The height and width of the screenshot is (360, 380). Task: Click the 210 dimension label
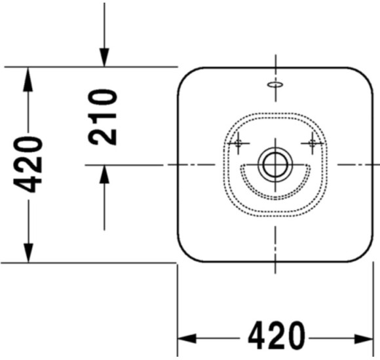[x=103, y=117]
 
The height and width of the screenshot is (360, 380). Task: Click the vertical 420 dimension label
[x=28, y=164]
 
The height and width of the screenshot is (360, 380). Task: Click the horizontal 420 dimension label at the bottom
[x=276, y=336]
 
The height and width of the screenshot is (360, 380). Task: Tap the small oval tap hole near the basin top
[x=275, y=84]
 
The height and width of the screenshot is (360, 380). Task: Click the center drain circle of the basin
[x=275, y=165]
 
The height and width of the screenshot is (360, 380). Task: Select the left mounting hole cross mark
[x=238, y=143]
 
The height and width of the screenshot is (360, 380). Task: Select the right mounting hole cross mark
[x=313, y=143]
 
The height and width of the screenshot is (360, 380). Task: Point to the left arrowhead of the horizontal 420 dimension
[x=187, y=338]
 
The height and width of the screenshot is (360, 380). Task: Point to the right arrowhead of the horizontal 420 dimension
[x=364, y=338]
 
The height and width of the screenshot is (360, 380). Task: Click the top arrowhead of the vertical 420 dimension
[x=28, y=79]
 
